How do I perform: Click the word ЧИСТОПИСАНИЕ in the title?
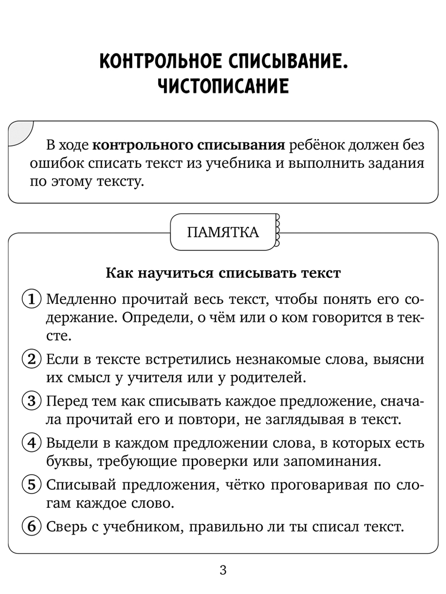pos(223,86)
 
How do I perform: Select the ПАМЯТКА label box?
pos(223,232)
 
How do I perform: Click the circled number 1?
pos(33,299)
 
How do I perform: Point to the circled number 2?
pos(33,359)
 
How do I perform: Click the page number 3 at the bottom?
pos(223,570)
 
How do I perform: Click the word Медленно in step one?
pos(81,299)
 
